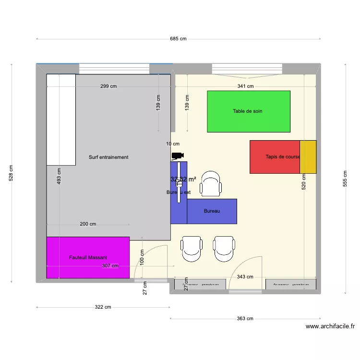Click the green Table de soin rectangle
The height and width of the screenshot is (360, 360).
248,111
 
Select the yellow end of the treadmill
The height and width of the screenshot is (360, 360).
308,157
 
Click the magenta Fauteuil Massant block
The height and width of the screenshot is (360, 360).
88,257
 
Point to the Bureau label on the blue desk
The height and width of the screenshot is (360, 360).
212,211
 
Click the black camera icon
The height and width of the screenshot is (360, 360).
178,156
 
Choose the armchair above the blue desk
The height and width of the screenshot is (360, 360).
211,184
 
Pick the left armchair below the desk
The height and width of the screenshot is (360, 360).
192,249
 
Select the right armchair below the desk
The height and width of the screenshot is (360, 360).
225,249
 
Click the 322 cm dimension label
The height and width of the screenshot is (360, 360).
103,307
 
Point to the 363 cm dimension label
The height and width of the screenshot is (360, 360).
245,318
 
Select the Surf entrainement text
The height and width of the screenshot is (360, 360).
108,157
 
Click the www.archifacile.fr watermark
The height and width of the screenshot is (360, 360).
330,326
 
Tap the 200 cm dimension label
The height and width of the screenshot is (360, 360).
88,224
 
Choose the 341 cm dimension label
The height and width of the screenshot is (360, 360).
245,86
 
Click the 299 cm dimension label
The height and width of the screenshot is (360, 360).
108,86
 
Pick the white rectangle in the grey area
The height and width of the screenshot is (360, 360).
61,120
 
